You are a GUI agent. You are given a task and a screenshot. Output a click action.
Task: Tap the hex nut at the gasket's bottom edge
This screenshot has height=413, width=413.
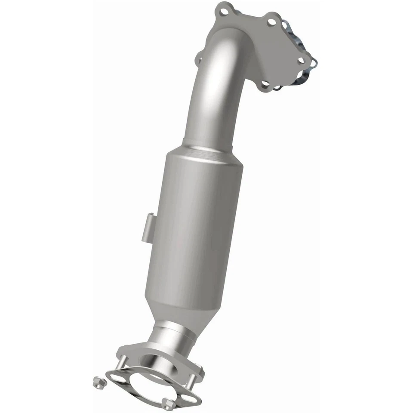(170, 404)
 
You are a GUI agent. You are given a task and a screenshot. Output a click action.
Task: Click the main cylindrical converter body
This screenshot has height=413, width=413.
(194, 224)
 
